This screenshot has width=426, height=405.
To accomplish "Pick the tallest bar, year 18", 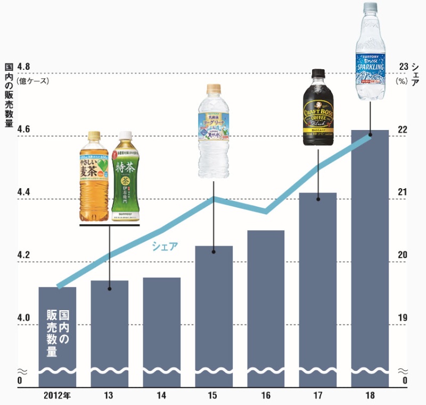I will (370, 256).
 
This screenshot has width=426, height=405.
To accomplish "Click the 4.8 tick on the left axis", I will (24, 67).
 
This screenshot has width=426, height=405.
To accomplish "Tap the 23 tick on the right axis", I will (403, 67).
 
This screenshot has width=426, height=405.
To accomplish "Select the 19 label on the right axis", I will (403, 318).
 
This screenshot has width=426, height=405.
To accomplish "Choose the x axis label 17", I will (318, 395).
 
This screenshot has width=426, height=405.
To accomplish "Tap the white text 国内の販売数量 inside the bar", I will (58, 334).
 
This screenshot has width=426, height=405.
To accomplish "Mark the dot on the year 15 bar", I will (214, 252).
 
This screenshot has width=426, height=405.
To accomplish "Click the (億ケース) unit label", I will (33, 81).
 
